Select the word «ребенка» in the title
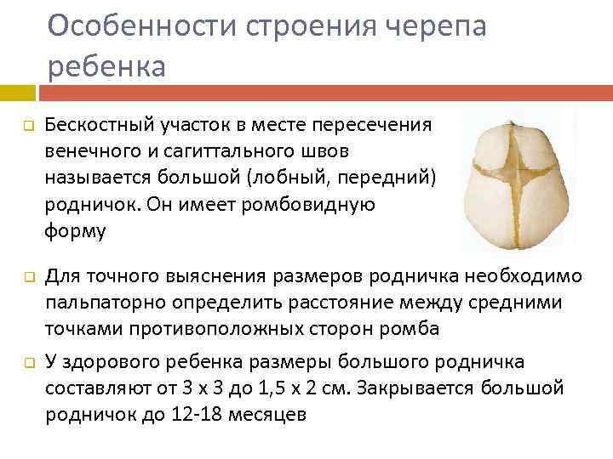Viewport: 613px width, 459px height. click(106, 65)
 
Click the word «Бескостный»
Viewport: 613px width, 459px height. click(94, 126)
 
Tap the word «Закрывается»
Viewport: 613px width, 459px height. click(418, 388)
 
